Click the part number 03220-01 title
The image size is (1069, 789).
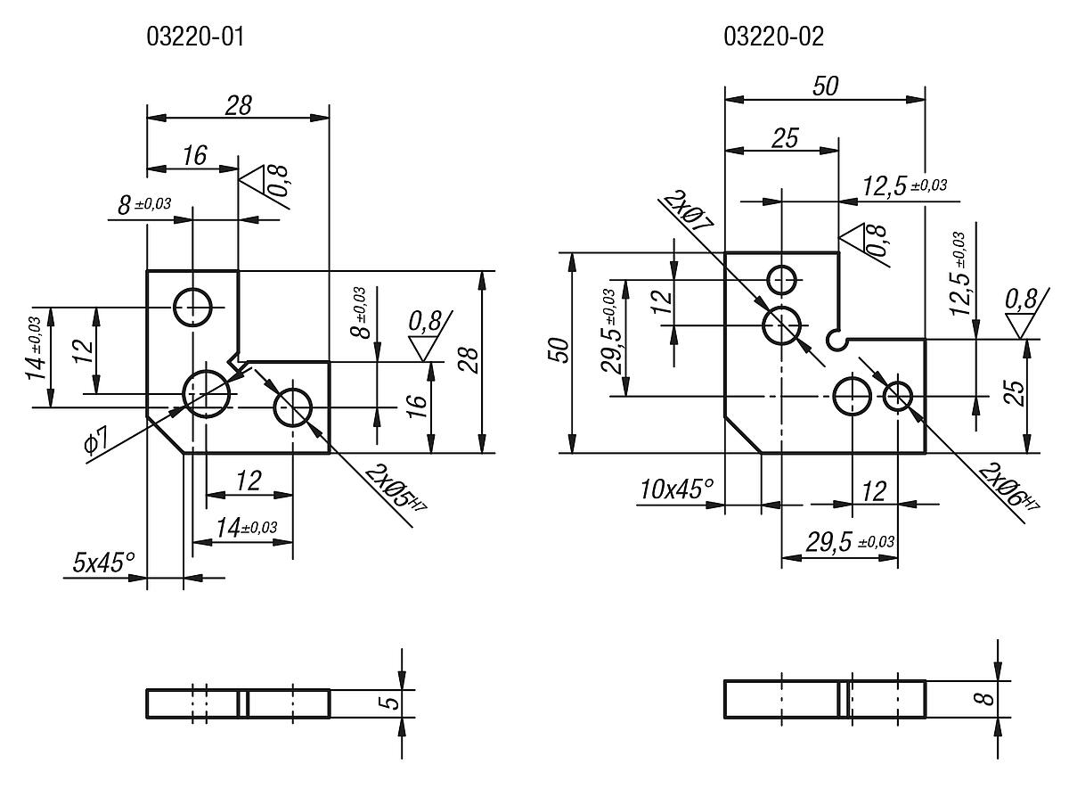[195, 37]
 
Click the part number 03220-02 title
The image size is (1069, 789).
[773, 37]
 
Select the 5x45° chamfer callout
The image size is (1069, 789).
[103, 563]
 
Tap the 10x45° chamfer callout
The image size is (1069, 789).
[677, 489]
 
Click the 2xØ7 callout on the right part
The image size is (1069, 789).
[688, 211]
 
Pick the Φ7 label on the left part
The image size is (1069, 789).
[96, 440]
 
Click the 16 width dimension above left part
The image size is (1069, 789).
[195, 155]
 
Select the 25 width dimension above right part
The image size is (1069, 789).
[785, 138]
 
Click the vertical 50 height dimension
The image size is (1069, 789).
[559, 350]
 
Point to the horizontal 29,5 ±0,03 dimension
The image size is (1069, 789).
[850, 542]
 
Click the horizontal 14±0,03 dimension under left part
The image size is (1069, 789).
[246, 528]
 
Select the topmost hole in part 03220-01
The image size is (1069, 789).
[192, 307]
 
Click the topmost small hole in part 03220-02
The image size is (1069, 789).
[782, 280]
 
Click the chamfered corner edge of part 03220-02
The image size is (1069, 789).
[743, 434]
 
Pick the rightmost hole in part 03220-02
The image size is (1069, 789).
[898, 396]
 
